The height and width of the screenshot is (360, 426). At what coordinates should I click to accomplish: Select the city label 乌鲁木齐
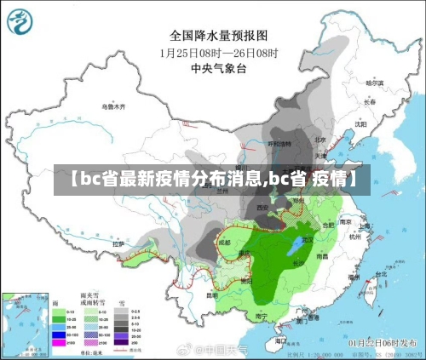112,106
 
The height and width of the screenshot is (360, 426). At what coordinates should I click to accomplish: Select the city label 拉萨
119,244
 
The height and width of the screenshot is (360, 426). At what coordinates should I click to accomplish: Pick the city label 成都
223,242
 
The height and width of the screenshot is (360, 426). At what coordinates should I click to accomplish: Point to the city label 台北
369,278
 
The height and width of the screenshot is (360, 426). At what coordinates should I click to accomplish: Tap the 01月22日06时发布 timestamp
384,341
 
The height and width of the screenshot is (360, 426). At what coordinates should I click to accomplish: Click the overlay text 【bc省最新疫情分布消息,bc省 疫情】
213,180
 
